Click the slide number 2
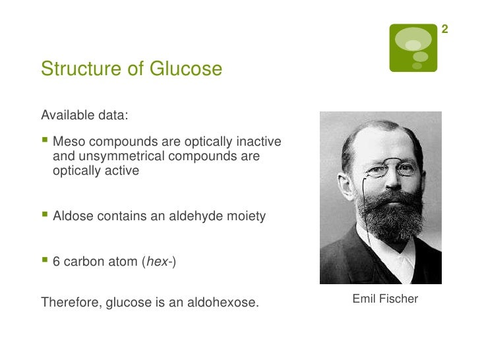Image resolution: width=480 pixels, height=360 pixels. click(x=445, y=30)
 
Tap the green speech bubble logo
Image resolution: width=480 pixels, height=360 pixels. click(x=413, y=47)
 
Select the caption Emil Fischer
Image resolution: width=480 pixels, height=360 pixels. click(x=385, y=299)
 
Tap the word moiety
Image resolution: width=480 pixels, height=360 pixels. click(x=247, y=216)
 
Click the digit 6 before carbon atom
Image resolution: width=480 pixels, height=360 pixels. click(x=56, y=261)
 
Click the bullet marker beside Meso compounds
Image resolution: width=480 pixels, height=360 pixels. click(x=44, y=142)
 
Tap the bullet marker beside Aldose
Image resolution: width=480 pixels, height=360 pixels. click(x=44, y=216)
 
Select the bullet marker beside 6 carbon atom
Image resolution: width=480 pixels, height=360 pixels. click(x=44, y=261)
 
